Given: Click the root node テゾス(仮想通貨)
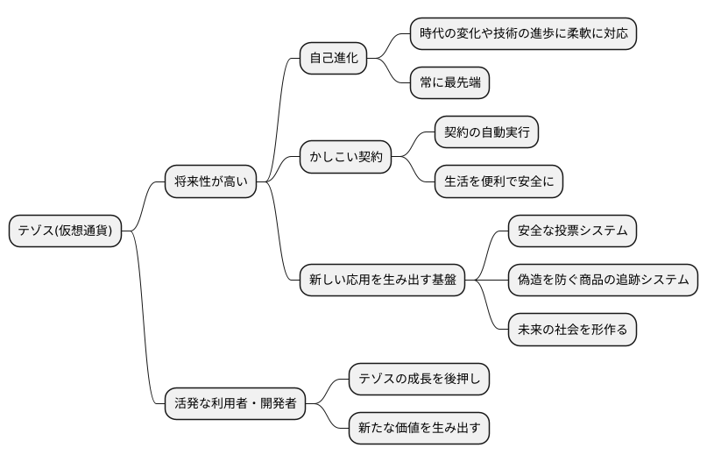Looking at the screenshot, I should click(x=66, y=231).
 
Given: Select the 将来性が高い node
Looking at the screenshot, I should click(x=211, y=182).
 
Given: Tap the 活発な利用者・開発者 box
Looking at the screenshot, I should click(x=236, y=404).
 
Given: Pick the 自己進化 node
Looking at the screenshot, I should click(x=333, y=59).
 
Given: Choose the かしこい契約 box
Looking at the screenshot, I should click(x=344, y=158).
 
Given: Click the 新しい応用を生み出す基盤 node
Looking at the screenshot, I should click(x=382, y=281).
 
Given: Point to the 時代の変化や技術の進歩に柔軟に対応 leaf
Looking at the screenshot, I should click(x=523, y=34).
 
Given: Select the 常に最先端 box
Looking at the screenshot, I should click(x=449, y=83).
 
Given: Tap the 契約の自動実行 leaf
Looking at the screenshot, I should click(x=486, y=133).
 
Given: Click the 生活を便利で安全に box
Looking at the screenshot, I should click(x=498, y=182).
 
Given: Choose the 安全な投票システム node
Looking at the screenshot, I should click(x=572, y=231).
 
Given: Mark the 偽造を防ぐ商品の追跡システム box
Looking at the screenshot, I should click(x=603, y=281).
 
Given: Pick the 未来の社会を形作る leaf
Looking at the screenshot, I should click(x=572, y=331).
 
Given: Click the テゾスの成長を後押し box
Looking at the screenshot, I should click(x=419, y=380).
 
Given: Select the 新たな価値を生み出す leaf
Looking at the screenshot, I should click(x=419, y=429).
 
